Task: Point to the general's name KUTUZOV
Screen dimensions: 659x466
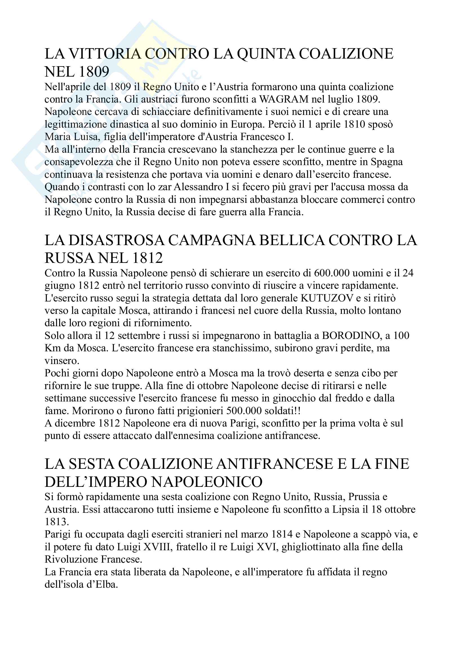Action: (x=327, y=298)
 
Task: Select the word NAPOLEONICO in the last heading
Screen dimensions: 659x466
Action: (x=207, y=482)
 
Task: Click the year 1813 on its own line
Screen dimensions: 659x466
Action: (x=57, y=522)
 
